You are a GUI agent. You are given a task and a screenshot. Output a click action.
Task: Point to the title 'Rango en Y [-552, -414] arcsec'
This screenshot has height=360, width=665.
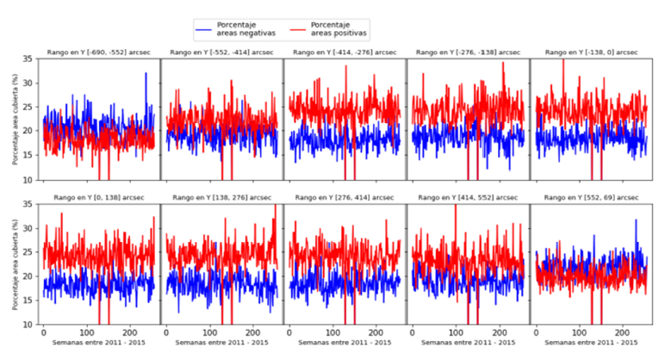click(x=221, y=53)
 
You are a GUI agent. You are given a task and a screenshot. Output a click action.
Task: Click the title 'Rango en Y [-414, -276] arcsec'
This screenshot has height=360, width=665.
click(x=344, y=53)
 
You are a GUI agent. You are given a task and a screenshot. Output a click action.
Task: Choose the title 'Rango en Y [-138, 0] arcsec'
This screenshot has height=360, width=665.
click(x=588, y=53)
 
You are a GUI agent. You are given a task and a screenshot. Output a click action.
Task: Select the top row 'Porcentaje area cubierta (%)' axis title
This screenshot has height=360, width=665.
click(x=13, y=120)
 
